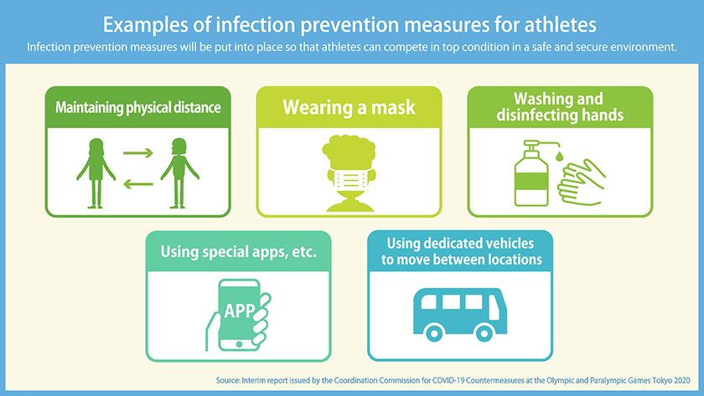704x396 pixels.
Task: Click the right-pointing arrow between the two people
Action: point(137,153)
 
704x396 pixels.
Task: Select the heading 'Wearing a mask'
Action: point(349,107)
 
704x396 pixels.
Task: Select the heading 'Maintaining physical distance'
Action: point(137,107)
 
